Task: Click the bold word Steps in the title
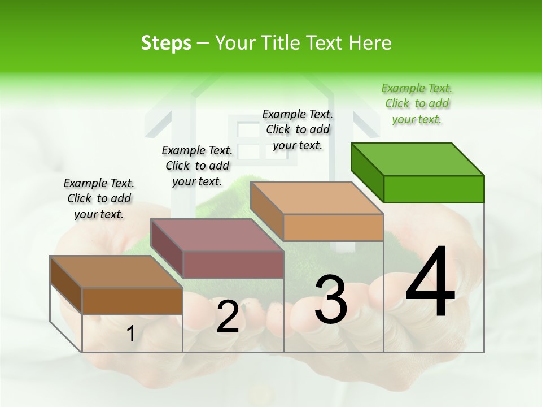pos(166,43)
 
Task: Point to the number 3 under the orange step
pos(331,300)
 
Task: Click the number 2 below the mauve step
pos(228,317)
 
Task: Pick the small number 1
pos(130,334)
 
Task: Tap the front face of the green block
pos(434,189)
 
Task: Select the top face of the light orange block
pos(316,198)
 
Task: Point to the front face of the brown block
pos(132,301)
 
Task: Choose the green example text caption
pos(417,104)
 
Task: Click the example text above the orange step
pos(298,129)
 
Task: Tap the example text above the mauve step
pos(197,166)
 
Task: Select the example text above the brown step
pos(99,198)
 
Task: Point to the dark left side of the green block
pos(367,170)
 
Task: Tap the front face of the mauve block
pos(233,265)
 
